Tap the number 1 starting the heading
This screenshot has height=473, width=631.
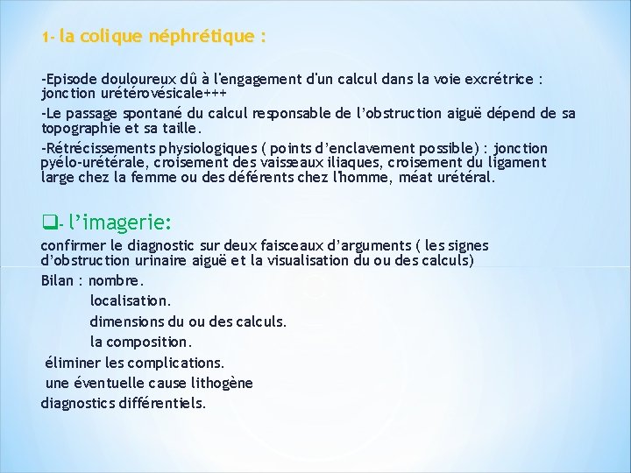click(45, 39)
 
